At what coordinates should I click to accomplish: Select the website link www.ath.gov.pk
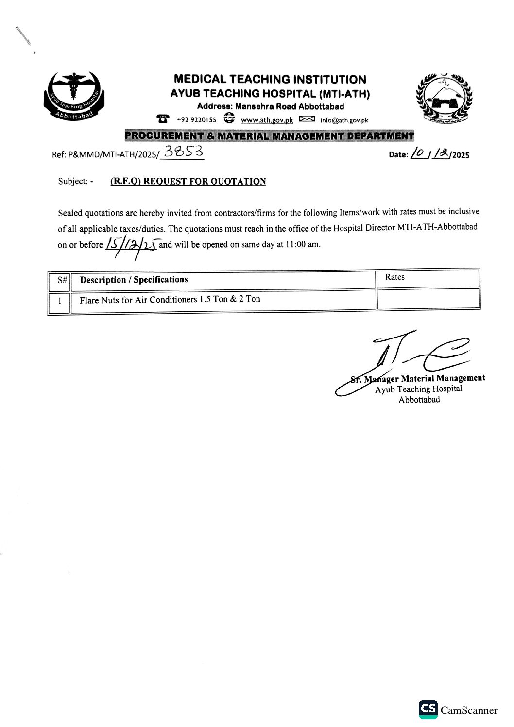pyautogui.click(x=267, y=120)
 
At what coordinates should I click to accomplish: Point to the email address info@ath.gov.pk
pyautogui.click(x=344, y=120)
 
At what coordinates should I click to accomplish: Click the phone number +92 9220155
pyautogui.click(x=196, y=120)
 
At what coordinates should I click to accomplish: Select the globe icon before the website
pyautogui.click(x=229, y=119)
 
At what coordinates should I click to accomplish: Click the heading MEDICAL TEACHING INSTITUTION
pyautogui.click(x=270, y=79)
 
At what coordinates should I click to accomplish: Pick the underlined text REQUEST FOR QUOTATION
pyautogui.click(x=188, y=182)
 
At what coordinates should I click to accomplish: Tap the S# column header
pyautogui.click(x=61, y=280)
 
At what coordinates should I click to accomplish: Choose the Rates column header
pyautogui.click(x=394, y=277)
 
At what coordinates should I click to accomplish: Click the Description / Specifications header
pyautogui.click(x=134, y=280)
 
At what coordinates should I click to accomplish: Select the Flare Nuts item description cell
pyautogui.click(x=170, y=299)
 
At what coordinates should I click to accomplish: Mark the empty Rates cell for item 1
pyautogui.click(x=428, y=299)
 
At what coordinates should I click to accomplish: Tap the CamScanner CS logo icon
pyautogui.click(x=428, y=710)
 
